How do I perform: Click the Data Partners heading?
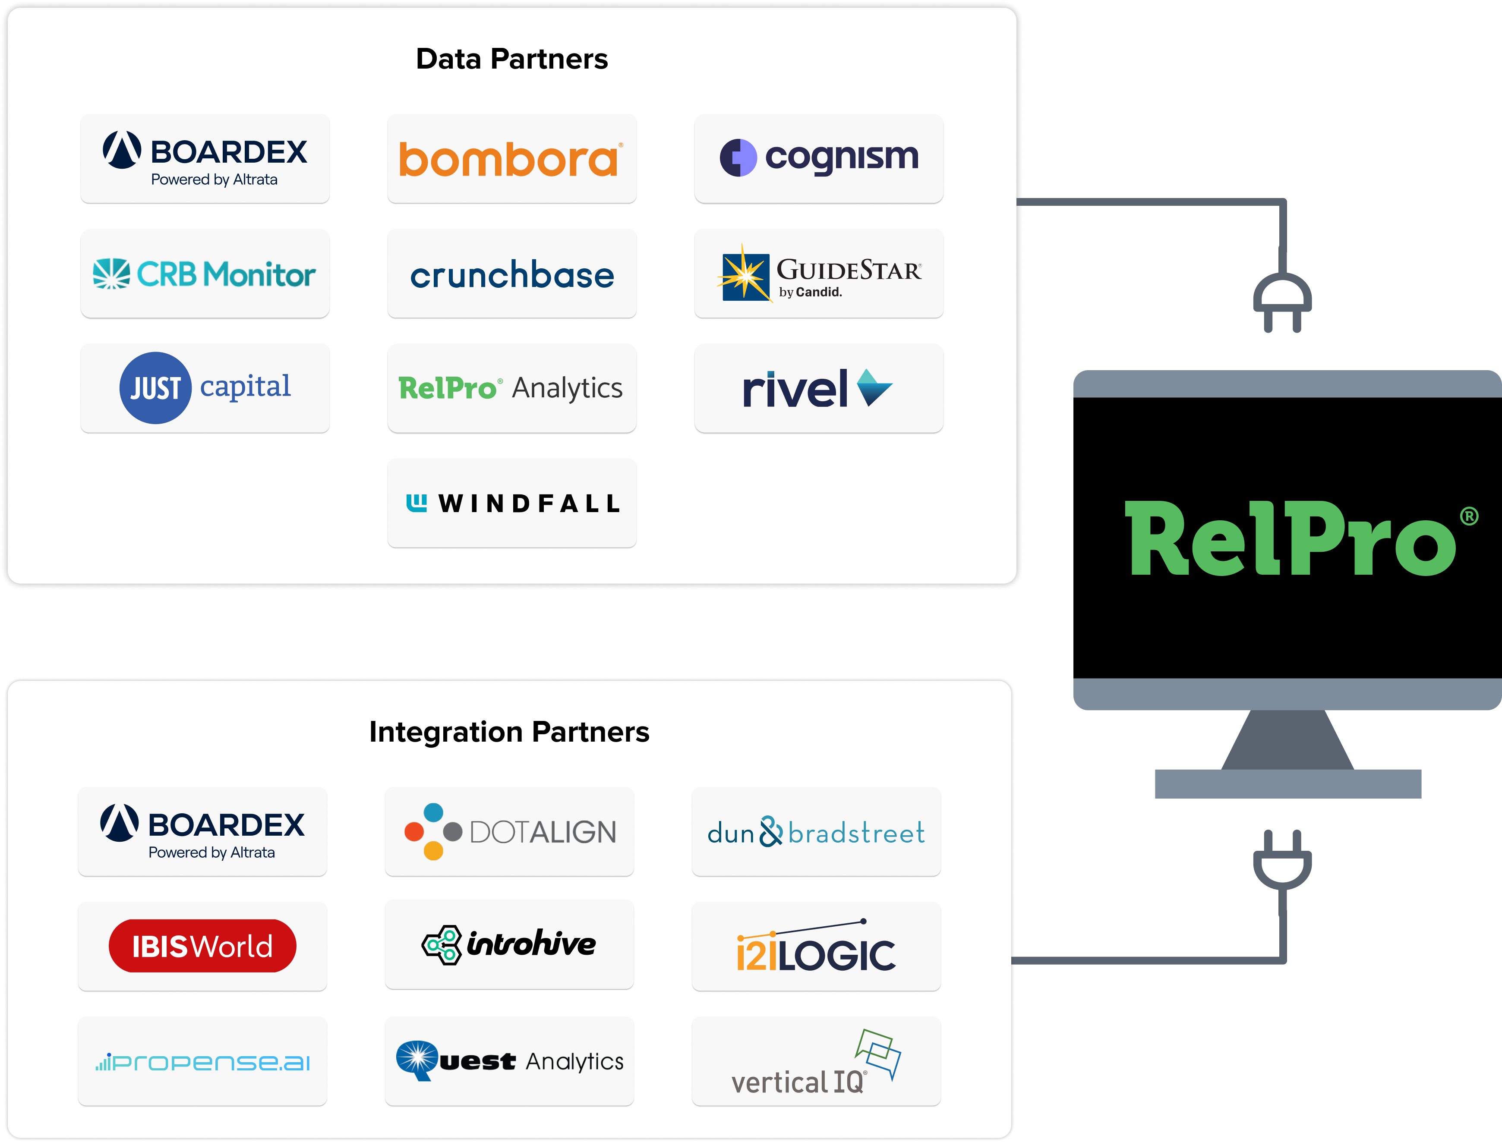coord(511,59)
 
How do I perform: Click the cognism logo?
coord(819,158)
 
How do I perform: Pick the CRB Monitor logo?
coord(204,274)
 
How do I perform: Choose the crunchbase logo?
coord(511,275)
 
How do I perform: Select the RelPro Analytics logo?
coord(510,388)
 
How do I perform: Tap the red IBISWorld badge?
coord(202,946)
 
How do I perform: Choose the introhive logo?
coord(508,944)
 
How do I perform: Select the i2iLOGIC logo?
coord(816,948)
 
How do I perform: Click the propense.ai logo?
coord(202,1062)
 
